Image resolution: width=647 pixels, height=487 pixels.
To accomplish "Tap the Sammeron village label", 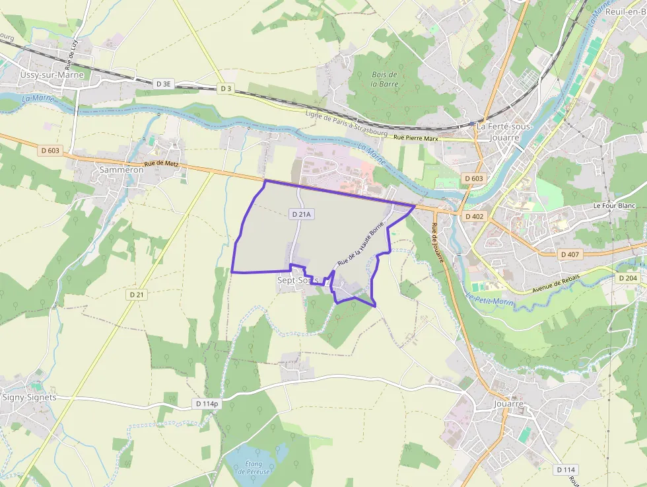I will (x=121, y=170).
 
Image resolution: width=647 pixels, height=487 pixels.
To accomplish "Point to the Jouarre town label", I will (x=508, y=403).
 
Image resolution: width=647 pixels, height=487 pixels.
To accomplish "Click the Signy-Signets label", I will (x=29, y=397).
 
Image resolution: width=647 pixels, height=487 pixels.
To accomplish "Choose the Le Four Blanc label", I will (x=614, y=206).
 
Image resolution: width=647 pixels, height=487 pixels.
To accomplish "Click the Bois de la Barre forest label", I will (x=384, y=79).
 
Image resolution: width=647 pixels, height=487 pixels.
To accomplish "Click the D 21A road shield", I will (x=300, y=214).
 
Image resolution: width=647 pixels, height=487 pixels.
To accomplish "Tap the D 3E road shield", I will (x=163, y=84).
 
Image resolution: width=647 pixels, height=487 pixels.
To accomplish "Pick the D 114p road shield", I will (x=207, y=403).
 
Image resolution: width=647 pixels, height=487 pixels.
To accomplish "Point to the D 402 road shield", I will (x=474, y=216).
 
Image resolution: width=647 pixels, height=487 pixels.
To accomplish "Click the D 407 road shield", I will (x=569, y=254).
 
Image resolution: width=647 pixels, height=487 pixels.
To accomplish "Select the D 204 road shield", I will (x=628, y=278).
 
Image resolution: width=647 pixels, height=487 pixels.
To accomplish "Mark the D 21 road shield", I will (x=137, y=294).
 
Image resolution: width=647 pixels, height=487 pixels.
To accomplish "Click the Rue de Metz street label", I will (x=162, y=165).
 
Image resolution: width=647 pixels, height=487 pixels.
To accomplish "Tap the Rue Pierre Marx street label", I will (x=416, y=137).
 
